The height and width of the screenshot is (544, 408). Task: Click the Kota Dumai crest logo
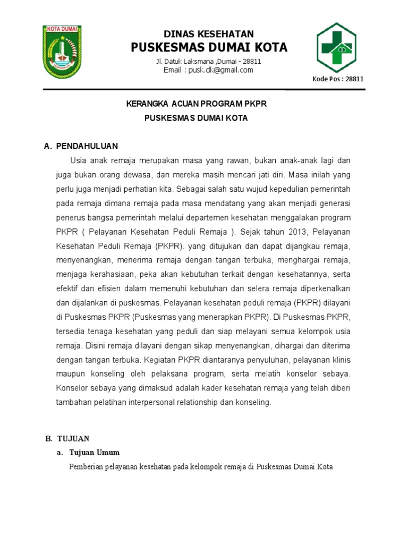pos(63,52)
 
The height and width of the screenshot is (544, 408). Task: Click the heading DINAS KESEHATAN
pos(208,33)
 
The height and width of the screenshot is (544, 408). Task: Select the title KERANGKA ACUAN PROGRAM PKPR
pos(196,104)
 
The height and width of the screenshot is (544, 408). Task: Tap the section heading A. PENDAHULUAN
pos(81,146)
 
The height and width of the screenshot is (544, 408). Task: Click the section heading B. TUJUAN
pos(67,438)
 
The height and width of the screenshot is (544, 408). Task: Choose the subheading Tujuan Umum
pos(95,453)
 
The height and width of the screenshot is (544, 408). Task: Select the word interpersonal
pos(149,402)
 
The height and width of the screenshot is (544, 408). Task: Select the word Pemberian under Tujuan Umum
pos(86,467)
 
